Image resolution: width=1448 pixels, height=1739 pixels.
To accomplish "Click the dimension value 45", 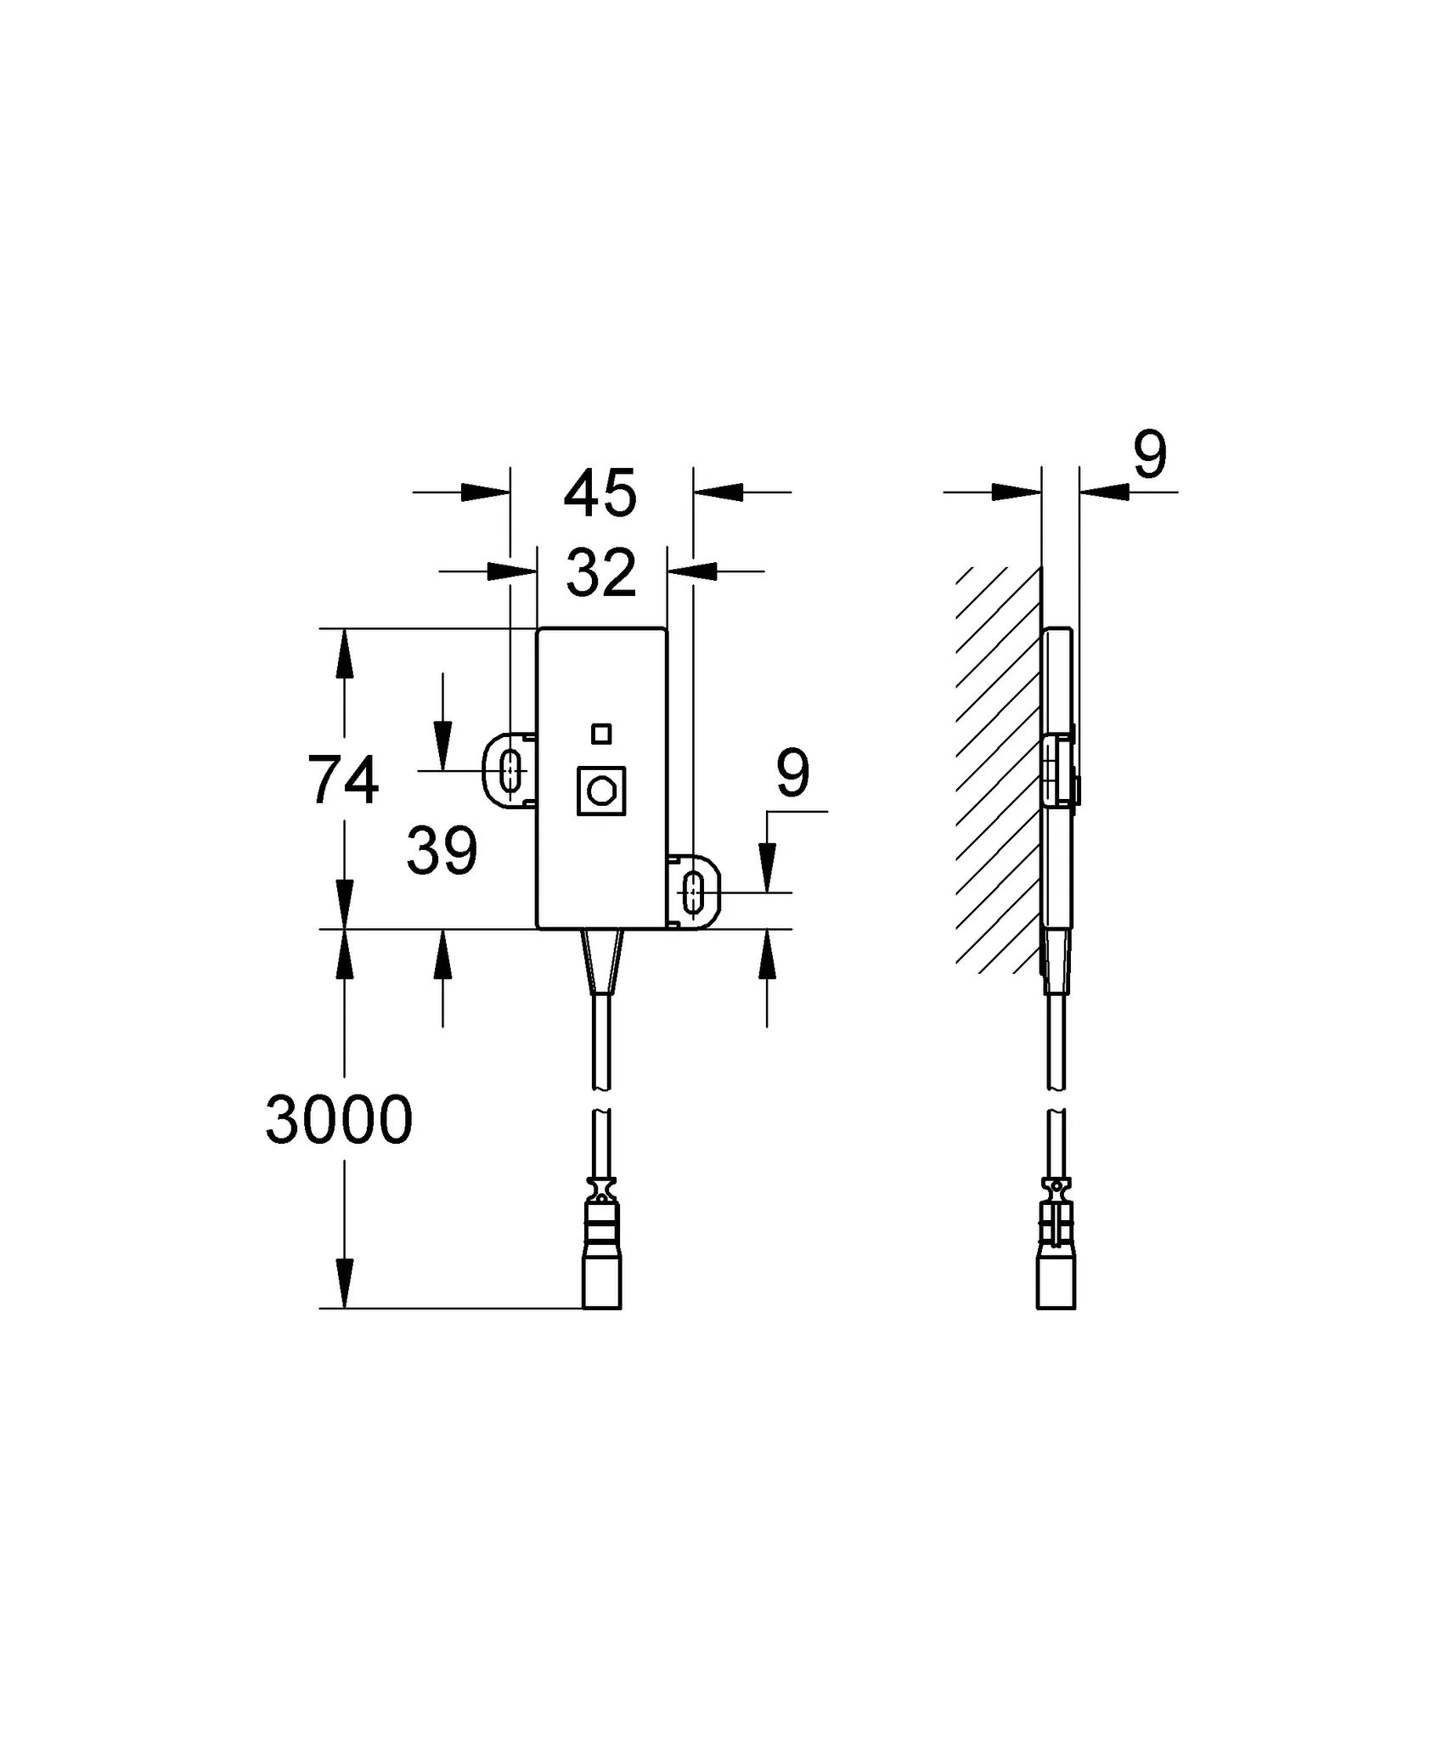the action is [600, 493].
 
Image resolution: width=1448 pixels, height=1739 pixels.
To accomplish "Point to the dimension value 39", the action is [442, 852].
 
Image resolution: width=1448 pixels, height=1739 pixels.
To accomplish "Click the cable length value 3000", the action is [339, 1120].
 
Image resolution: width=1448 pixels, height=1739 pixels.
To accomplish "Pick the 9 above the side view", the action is [1150, 455].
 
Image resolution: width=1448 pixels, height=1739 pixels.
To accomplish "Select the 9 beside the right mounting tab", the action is [792, 774].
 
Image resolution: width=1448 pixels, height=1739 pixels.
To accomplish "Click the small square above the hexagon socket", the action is [601, 734].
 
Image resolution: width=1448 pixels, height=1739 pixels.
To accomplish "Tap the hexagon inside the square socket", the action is [601, 791].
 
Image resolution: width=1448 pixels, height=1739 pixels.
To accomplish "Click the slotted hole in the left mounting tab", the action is [510, 770].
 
